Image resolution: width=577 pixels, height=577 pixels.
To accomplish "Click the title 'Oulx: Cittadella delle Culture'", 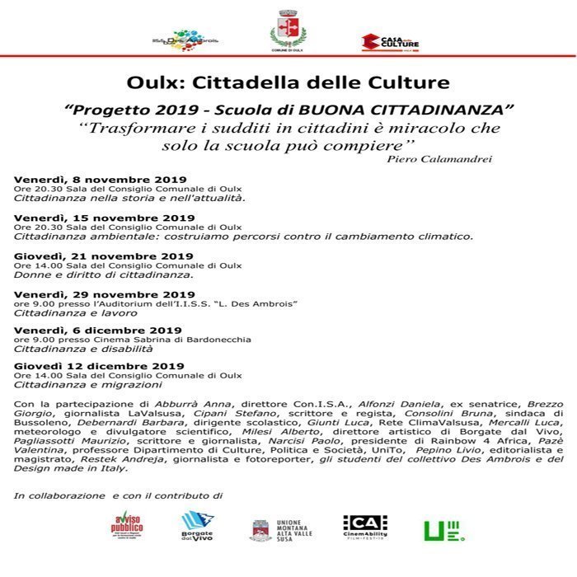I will [288, 83].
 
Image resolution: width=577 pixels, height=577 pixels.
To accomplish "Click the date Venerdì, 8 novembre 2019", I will [101, 180].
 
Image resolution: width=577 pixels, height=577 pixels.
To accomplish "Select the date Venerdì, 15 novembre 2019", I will [104, 218].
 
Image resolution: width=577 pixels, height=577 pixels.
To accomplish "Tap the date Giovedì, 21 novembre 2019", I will [103, 256].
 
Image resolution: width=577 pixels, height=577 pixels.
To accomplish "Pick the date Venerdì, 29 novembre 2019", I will [104, 294].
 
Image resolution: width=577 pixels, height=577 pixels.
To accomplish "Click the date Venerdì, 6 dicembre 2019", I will [97, 331].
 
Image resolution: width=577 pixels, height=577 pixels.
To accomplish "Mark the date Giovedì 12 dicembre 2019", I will [99, 366].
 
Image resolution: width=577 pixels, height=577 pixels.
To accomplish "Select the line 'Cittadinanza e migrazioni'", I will [87, 385].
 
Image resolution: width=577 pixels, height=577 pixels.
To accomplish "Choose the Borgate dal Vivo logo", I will [197, 525].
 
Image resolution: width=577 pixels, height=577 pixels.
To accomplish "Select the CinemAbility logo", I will [365, 526].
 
